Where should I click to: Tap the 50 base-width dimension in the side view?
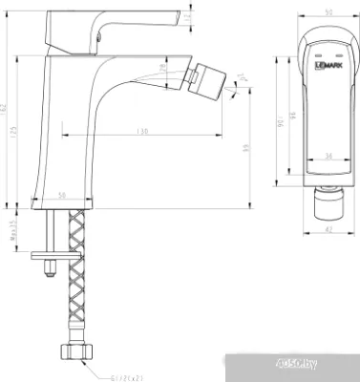(x=62, y=195)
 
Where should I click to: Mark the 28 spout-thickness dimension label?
(x=163, y=69)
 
